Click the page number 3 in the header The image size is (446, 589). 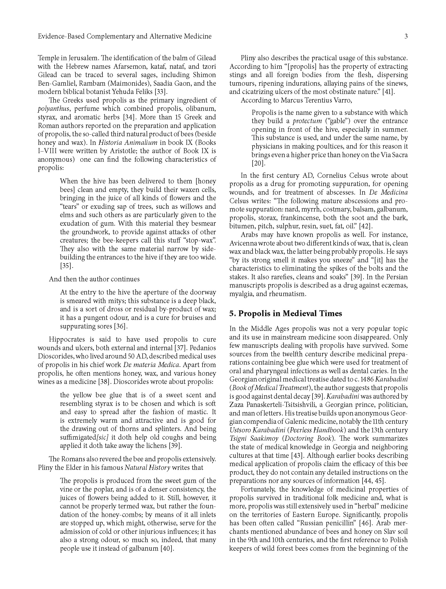(406, 36)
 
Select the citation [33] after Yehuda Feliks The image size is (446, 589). (161, 92)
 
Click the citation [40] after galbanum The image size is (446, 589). (167, 549)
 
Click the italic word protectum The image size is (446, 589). (307, 121)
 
